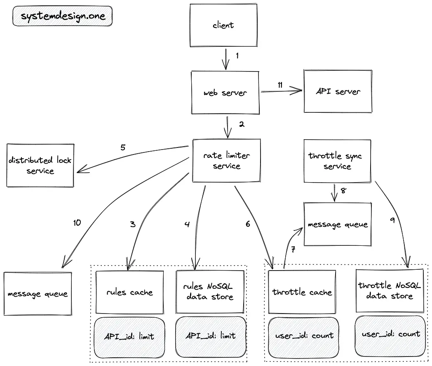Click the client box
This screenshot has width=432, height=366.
223,25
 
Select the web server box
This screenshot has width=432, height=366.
225,93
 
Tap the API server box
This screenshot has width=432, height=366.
338,91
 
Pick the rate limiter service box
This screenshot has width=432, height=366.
226,161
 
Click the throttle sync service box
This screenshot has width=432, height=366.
337,161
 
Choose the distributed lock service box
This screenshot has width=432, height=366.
40,165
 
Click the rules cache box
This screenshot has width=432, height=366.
129,292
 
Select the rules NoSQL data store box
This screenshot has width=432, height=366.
210,292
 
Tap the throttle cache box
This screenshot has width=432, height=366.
302,292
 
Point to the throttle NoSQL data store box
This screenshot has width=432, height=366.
390,291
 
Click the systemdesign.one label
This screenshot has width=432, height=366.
63,16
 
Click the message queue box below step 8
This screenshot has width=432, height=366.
338,224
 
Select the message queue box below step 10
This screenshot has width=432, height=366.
38,294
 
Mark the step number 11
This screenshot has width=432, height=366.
280,85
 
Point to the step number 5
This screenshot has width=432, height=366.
123,147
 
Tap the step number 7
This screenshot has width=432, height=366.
293,250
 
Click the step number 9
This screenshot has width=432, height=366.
392,220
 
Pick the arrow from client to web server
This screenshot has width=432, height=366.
226,59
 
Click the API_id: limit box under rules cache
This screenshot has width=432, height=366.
129,337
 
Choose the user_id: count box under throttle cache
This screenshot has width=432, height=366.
303,337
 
